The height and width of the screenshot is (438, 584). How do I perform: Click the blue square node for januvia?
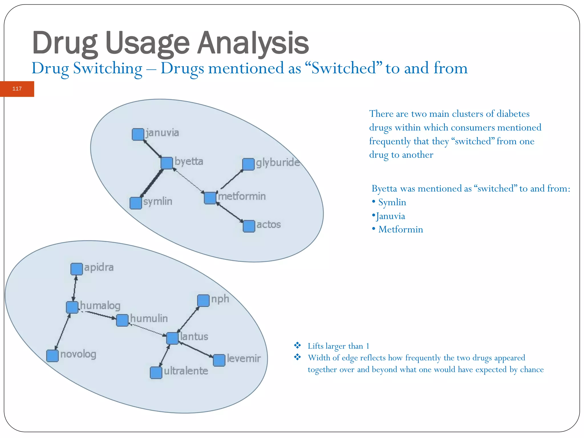coord(138,134)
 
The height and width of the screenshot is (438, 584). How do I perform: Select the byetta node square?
coord(167,163)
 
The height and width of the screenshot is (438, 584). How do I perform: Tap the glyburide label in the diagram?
coord(278,163)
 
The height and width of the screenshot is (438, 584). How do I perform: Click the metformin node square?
coord(210,198)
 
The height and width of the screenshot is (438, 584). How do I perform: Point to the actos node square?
coord(249,226)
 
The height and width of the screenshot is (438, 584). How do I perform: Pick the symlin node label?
coord(158,201)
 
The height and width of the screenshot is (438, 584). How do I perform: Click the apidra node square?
coord(76,269)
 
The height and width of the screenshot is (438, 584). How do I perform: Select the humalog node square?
coord(72,307)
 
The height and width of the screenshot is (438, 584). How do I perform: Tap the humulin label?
coord(149,318)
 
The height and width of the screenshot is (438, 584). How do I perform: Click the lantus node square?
coord(172,338)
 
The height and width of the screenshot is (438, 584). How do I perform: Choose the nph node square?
coord(203,301)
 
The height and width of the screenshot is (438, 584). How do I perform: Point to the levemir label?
coord(244,358)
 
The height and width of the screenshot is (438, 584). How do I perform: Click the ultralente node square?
coord(156,373)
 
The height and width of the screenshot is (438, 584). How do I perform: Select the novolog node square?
coord(52,356)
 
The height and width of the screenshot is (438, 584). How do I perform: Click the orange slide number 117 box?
coord(17,89)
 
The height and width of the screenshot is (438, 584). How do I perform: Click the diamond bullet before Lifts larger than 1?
coord(297,346)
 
